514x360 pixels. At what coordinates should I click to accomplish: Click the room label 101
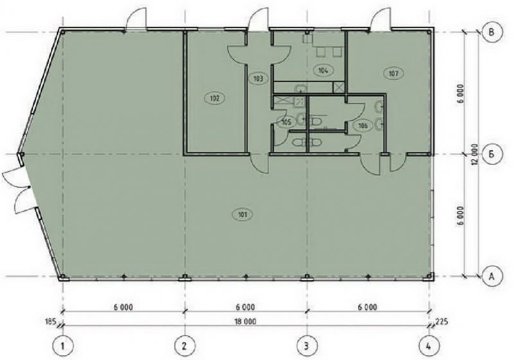coord(242,215)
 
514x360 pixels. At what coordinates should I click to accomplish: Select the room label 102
coord(215,98)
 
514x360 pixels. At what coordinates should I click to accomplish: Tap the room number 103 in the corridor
coord(259,78)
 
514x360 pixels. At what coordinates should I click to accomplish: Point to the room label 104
coord(323,70)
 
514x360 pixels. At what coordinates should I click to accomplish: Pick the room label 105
coord(286,122)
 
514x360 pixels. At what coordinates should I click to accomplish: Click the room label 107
coord(393,73)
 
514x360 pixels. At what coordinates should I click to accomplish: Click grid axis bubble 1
coord(62,346)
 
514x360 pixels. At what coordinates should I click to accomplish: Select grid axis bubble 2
coord(184,346)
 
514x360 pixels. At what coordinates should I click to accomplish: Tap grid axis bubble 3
coord(307,346)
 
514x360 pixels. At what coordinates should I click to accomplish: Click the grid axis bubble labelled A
coord(492,276)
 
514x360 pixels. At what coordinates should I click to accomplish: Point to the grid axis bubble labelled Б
coord(492,154)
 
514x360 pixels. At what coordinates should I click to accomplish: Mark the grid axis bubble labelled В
coord(492,32)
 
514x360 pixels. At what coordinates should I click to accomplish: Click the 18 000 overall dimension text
coord(245,321)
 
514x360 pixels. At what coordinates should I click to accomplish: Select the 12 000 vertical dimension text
coord(475,154)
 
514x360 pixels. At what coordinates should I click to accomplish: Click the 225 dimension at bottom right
coord(441,321)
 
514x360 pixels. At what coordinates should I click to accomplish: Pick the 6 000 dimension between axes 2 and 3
coord(245,307)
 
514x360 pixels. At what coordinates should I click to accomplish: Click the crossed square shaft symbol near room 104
coord(339,87)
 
